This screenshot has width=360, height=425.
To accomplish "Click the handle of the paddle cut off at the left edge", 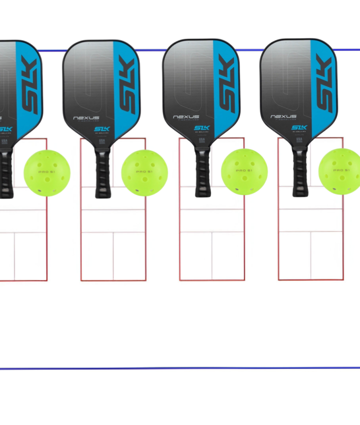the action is (x=5, y=172).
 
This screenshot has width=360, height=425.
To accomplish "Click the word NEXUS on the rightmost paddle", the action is (x=283, y=116).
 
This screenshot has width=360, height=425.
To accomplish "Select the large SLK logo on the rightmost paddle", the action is (x=323, y=84).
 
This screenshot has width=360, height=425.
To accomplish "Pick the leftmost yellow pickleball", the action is (x=47, y=173).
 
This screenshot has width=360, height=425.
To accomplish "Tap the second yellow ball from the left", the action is (x=144, y=173).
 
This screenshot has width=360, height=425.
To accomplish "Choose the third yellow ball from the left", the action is (x=244, y=171).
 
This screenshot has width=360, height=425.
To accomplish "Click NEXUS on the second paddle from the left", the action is (x=86, y=118).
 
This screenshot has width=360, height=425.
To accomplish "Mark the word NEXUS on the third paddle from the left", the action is (x=186, y=117).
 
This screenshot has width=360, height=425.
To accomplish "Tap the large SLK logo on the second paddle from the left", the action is (x=126, y=85).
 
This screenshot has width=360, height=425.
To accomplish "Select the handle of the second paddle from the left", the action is (x=103, y=172).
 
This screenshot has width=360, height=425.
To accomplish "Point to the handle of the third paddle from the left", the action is (x=202, y=171).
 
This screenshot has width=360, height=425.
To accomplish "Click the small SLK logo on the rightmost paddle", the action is (x=299, y=127).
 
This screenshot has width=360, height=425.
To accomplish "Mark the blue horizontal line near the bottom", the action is (x=180, y=368).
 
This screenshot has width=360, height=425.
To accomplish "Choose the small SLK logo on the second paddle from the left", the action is (x=102, y=129).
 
